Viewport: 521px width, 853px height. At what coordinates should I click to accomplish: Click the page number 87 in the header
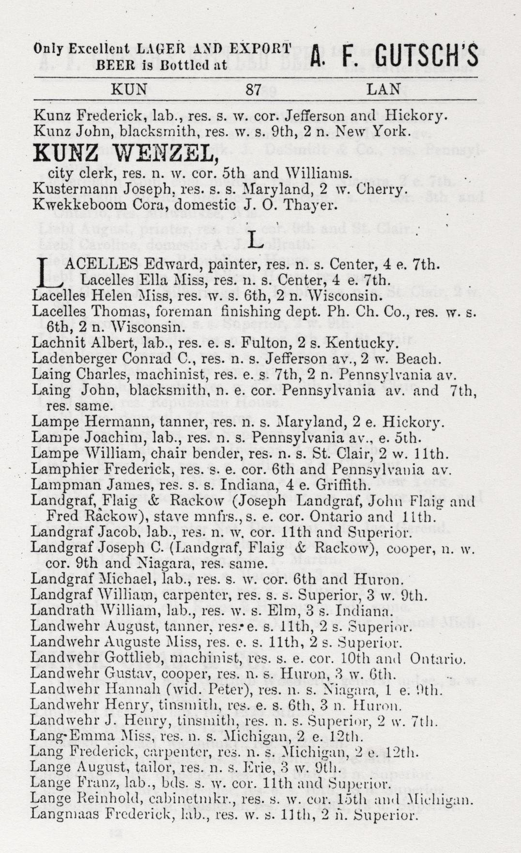pos(254,89)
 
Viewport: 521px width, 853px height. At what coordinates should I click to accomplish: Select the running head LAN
pos(383,89)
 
